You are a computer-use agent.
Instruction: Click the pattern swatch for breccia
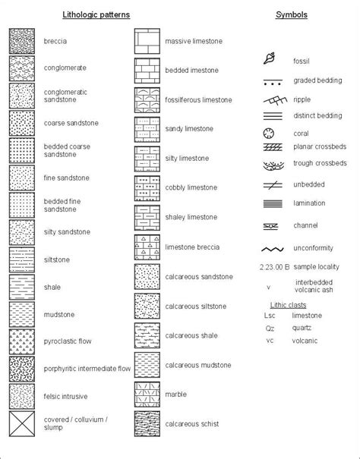pos(22,41)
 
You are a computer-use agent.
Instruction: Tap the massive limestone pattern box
pos(147,41)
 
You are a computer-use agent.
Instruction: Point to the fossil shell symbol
pos(270,58)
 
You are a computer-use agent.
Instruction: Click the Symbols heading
pos(291,14)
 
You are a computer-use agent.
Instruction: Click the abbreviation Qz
pos(269,329)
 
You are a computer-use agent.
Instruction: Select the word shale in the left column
pos(54,288)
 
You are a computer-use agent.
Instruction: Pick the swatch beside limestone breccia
pos(147,247)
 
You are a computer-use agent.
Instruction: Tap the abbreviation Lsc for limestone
pos(269,316)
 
